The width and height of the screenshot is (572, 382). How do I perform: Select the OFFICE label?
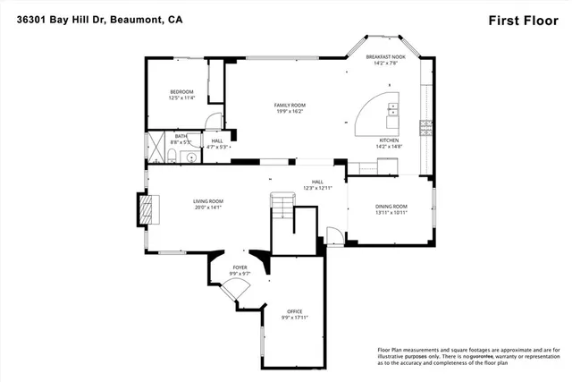(x=294, y=311)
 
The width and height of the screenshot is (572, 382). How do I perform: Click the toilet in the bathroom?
(x=172, y=156)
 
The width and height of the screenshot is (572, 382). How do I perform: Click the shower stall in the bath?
(x=156, y=141)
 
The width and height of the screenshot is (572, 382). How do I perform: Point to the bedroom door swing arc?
(x=212, y=123)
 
